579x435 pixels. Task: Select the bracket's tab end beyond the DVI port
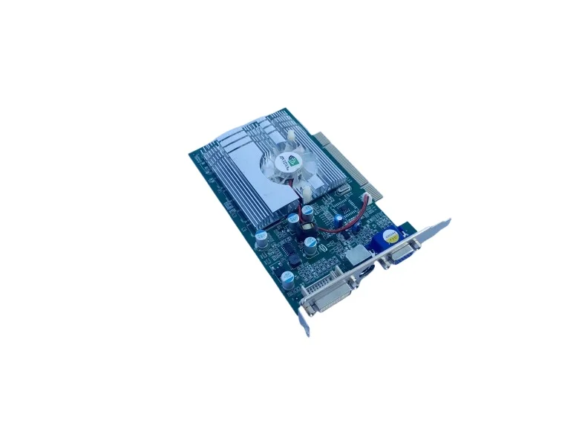click(304, 322)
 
